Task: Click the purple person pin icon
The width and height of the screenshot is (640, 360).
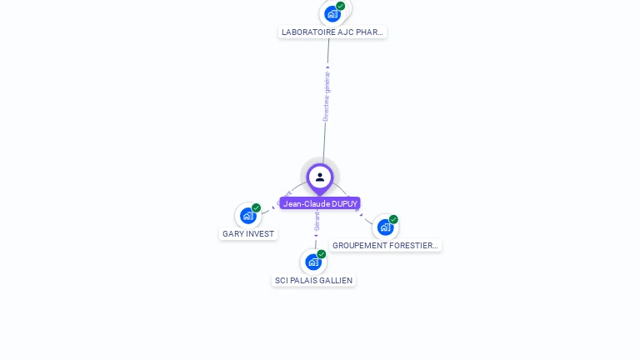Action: pyautogui.click(x=320, y=177)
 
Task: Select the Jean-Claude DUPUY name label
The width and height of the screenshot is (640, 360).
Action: pyautogui.click(x=320, y=203)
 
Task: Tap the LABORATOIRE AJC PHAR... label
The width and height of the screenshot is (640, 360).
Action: pyautogui.click(x=332, y=32)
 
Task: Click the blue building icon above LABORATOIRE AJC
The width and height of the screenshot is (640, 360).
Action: pyautogui.click(x=332, y=13)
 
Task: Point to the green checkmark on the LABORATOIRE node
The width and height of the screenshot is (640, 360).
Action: pyautogui.click(x=341, y=6)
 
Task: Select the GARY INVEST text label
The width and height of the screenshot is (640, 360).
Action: pyautogui.click(x=248, y=234)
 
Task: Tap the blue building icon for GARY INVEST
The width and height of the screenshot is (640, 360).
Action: pyautogui.click(x=247, y=216)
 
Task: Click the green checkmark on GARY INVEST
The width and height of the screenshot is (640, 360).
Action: pyautogui.click(x=256, y=208)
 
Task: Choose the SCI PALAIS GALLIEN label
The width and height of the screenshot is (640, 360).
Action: pyautogui.click(x=314, y=281)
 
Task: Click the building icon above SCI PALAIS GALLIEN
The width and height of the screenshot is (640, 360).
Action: pyautogui.click(x=313, y=262)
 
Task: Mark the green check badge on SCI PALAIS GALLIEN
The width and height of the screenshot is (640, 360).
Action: pyautogui.click(x=322, y=254)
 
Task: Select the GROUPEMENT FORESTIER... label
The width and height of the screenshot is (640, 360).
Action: pyautogui.click(x=385, y=246)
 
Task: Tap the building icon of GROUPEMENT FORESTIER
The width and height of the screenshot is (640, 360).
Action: pyautogui.click(x=385, y=227)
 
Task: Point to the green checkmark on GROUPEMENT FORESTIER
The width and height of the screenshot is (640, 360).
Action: pyautogui.click(x=393, y=219)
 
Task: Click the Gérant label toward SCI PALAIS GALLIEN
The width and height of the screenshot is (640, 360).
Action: pyautogui.click(x=317, y=221)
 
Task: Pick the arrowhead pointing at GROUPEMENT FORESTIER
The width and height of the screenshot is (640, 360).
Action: pyautogui.click(x=361, y=214)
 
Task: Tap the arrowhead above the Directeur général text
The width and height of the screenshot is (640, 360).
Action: pyautogui.click(x=327, y=67)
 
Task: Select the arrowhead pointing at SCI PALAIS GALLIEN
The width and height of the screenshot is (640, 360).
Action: pyautogui.click(x=316, y=236)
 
